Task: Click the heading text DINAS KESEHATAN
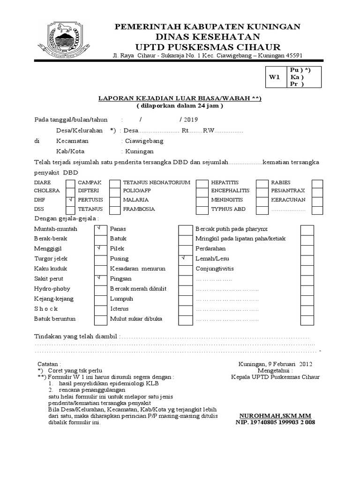(x=208, y=37)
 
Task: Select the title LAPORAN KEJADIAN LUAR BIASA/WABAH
(x=180, y=98)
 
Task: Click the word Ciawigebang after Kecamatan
(x=143, y=141)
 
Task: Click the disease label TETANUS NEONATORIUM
(x=157, y=182)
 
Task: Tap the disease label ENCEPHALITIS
(x=231, y=191)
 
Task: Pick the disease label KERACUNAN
(x=288, y=200)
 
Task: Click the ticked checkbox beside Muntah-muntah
(x=100, y=229)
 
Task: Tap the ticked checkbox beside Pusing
(x=185, y=259)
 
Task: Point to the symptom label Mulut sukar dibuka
(x=136, y=319)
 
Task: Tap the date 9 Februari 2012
(x=288, y=364)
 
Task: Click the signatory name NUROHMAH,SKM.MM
(x=275, y=416)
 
